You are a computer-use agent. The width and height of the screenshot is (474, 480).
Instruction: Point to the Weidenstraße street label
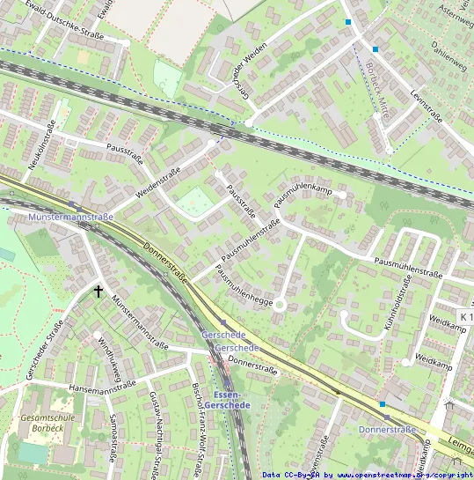tap(158, 183)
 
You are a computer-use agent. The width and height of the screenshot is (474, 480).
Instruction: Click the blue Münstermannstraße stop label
tap(70, 217)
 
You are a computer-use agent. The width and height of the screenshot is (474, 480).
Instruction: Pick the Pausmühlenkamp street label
tap(302, 196)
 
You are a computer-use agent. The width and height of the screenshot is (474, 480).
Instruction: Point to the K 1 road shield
tap(465, 316)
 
